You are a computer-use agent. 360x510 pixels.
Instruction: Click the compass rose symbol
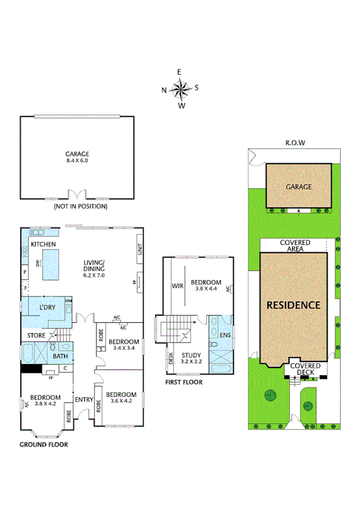point(180,90)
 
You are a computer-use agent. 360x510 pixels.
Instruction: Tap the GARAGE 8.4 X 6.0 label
point(77,157)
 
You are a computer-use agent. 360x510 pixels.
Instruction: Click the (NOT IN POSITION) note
point(81,206)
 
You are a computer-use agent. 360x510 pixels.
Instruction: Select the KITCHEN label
point(43,244)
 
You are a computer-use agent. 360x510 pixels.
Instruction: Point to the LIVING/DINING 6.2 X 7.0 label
point(94,268)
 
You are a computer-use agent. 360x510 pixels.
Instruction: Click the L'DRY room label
point(47,307)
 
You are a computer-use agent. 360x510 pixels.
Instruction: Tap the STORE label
point(36,335)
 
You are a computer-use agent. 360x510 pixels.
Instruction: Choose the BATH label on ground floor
point(60,357)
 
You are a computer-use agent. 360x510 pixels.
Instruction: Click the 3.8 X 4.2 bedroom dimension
point(46,405)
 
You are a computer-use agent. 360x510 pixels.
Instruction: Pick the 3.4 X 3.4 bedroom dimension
point(123,347)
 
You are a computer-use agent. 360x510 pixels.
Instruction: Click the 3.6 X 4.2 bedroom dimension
point(121,402)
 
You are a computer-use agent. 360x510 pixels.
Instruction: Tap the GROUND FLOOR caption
point(43,445)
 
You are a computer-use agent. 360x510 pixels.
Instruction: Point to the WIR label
point(177,286)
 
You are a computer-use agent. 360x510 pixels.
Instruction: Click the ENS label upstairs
point(225,334)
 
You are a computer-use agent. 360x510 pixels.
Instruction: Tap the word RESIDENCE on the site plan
point(293,305)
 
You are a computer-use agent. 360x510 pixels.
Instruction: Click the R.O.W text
point(296,143)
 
